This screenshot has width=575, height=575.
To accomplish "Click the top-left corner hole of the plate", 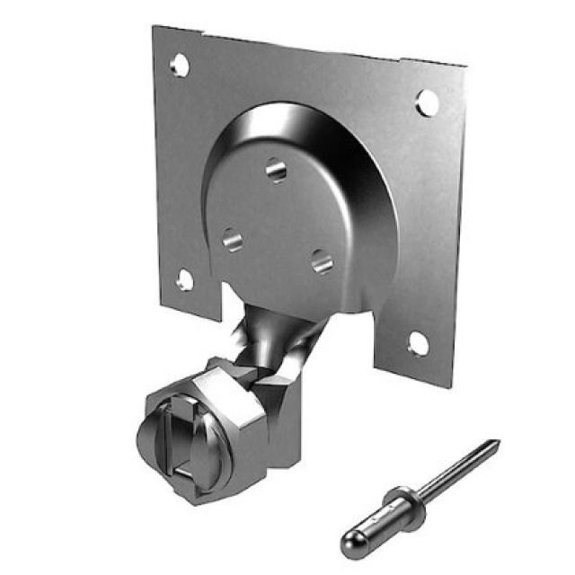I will click(180, 65).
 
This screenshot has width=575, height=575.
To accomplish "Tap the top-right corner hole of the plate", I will click(428, 102).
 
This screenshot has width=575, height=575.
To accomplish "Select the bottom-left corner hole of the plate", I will click(184, 279).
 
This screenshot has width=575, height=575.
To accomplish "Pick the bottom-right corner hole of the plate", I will click(417, 342).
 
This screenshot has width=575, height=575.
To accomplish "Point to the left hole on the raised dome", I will click(232, 238).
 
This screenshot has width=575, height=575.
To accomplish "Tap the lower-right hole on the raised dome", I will click(321, 261).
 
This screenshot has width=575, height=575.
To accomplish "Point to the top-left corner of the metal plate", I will click(155, 27).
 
